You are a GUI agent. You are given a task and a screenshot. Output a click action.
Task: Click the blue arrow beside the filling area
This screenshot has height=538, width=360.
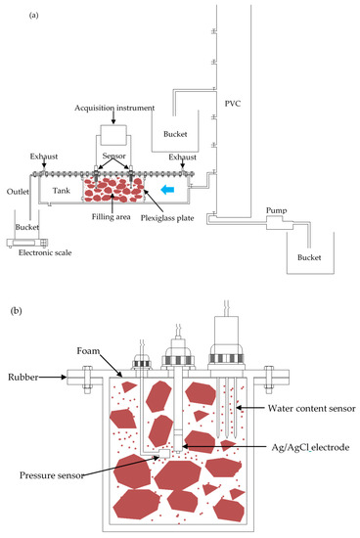pos(196,183)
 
